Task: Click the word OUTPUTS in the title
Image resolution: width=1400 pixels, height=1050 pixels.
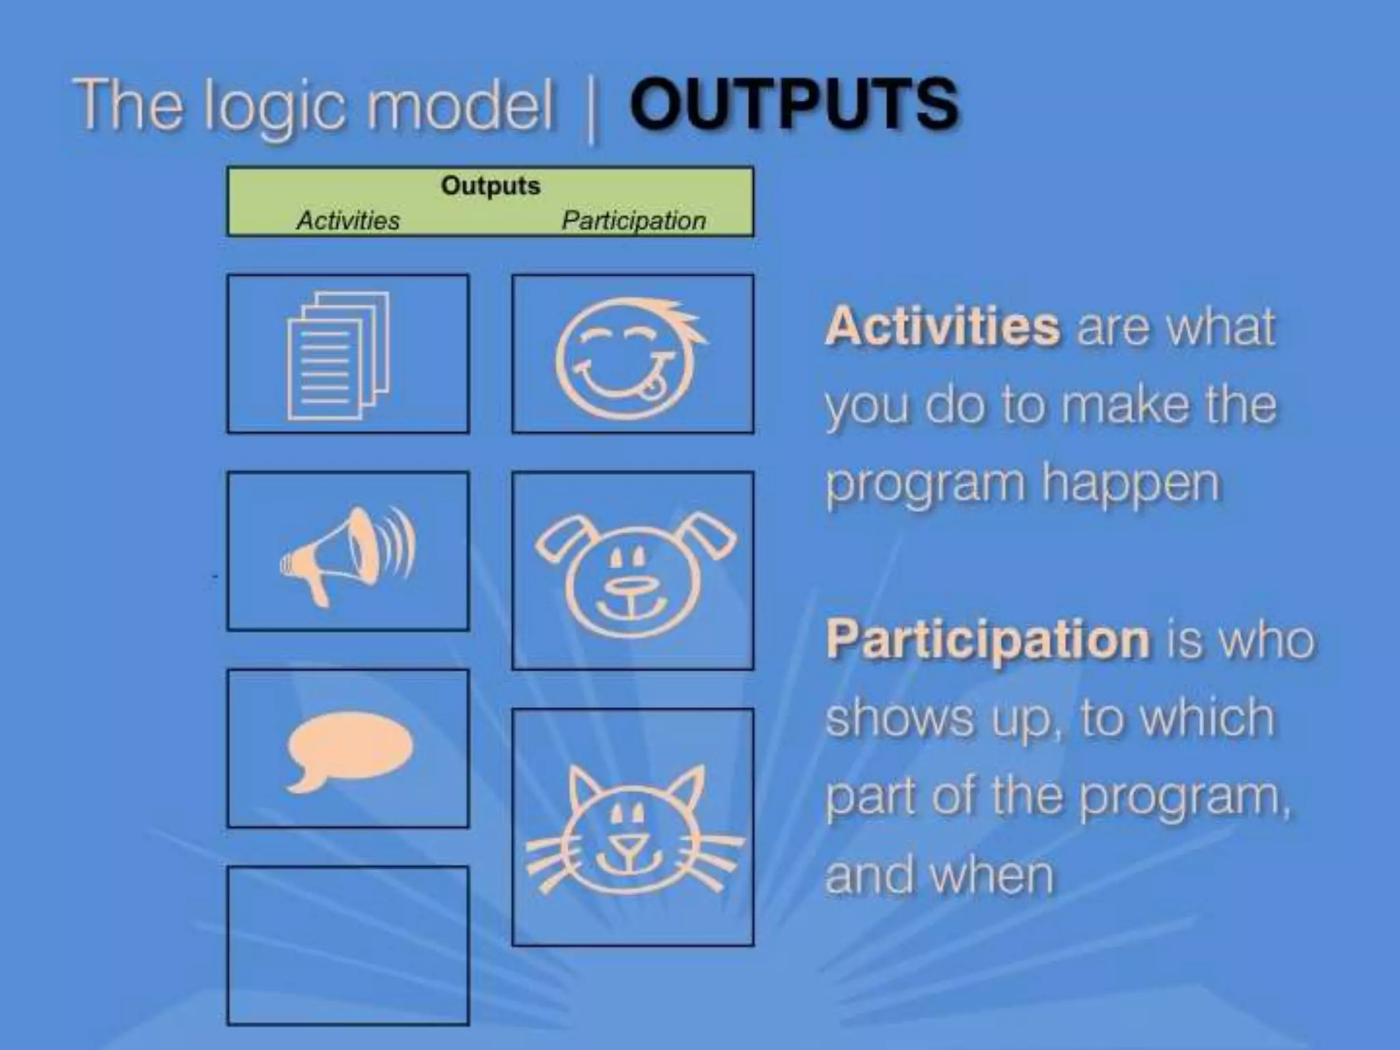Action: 793,104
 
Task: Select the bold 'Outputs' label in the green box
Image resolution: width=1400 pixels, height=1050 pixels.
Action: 490,185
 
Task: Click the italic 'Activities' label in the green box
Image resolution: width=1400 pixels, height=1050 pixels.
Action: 348,220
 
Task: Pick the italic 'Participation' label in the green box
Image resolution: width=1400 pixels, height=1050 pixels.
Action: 633,220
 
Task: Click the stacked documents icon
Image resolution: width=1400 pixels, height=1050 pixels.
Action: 338,355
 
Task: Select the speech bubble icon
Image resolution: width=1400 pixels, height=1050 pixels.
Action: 349,749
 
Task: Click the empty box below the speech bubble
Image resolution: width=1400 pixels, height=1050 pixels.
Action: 348,945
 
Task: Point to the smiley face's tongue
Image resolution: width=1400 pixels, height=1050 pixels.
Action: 652,387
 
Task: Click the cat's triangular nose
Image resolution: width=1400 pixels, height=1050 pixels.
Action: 628,845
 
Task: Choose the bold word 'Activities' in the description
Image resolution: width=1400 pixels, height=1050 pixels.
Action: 942,326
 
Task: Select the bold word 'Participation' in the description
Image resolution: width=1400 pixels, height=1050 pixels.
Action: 988,639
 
